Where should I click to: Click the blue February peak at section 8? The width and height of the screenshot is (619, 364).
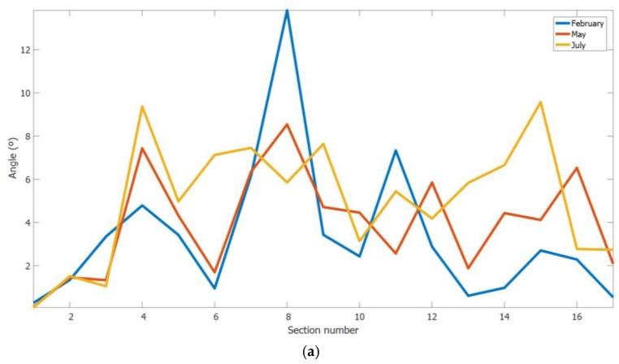click(287, 10)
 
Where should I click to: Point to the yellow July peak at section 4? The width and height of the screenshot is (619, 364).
click(142, 106)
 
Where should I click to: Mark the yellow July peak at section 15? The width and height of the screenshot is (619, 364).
click(540, 102)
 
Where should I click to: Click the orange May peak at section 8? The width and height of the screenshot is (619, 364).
click(287, 124)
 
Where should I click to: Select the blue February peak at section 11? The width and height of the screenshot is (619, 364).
click(396, 150)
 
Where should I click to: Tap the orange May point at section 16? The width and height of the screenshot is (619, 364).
click(577, 167)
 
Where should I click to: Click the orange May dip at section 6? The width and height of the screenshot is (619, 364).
click(214, 272)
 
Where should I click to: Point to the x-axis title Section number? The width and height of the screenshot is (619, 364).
click(322, 331)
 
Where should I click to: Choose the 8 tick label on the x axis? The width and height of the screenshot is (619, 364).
click(287, 317)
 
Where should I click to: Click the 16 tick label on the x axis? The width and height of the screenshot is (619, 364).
click(576, 317)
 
